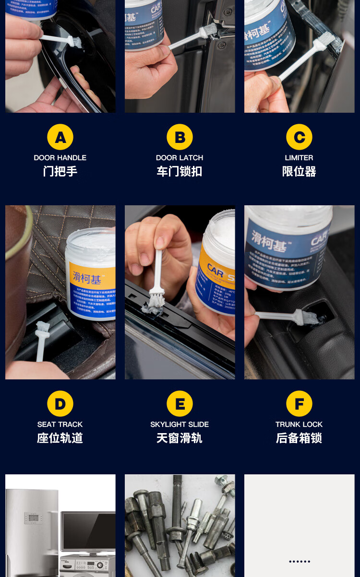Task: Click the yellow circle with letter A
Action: [x=60, y=137]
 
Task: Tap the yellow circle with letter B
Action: [x=180, y=137]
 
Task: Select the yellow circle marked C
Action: [x=299, y=137]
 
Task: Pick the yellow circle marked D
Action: [x=60, y=403]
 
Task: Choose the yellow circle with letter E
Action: [x=180, y=403]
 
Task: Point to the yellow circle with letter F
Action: [x=299, y=403]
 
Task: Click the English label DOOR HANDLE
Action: [x=60, y=158]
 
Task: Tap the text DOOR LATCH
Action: [x=180, y=158]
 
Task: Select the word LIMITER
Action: [x=299, y=158]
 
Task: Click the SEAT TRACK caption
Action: [x=60, y=424]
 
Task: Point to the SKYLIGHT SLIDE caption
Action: [x=180, y=424]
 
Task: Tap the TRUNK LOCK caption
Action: [x=299, y=424]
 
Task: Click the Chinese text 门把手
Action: [x=60, y=171]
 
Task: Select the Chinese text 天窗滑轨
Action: [x=180, y=438]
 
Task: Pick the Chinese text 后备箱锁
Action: [x=299, y=438]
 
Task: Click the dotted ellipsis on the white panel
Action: [x=300, y=561]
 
